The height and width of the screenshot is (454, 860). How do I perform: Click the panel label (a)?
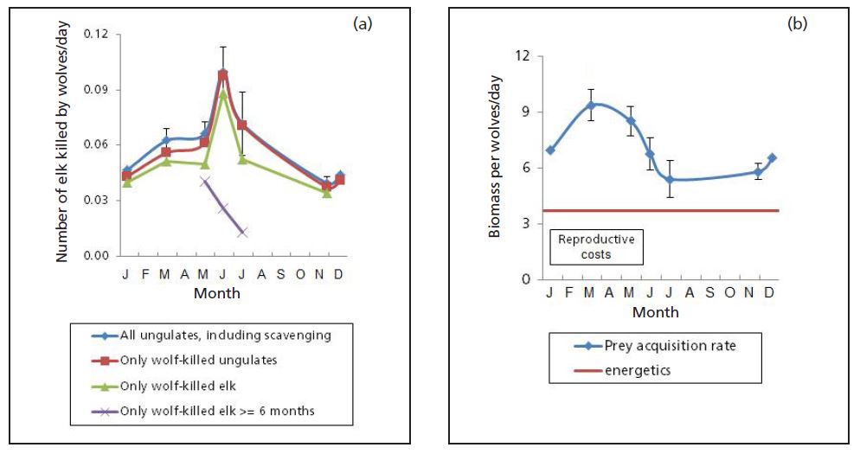[x=362, y=24]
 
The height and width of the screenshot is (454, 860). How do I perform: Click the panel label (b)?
[x=796, y=24]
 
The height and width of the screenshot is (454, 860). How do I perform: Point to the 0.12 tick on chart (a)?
[x=98, y=34]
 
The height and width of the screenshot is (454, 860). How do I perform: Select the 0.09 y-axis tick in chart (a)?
[x=98, y=89]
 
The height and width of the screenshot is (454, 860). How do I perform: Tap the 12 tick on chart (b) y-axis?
[x=523, y=56]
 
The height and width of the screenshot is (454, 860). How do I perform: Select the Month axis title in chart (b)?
[x=655, y=312]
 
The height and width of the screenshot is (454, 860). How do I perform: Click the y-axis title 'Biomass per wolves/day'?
[x=496, y=168]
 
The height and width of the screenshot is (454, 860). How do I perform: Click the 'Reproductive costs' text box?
[x=596, y=246]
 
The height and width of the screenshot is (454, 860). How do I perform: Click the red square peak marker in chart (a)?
[x=222, y=76]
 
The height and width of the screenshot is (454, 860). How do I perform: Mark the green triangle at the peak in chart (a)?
[x=222, y=93]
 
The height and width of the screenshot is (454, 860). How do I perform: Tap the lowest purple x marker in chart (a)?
[x=242, y=232]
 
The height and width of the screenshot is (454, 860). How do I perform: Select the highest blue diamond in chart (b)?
[x=591, y=106]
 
